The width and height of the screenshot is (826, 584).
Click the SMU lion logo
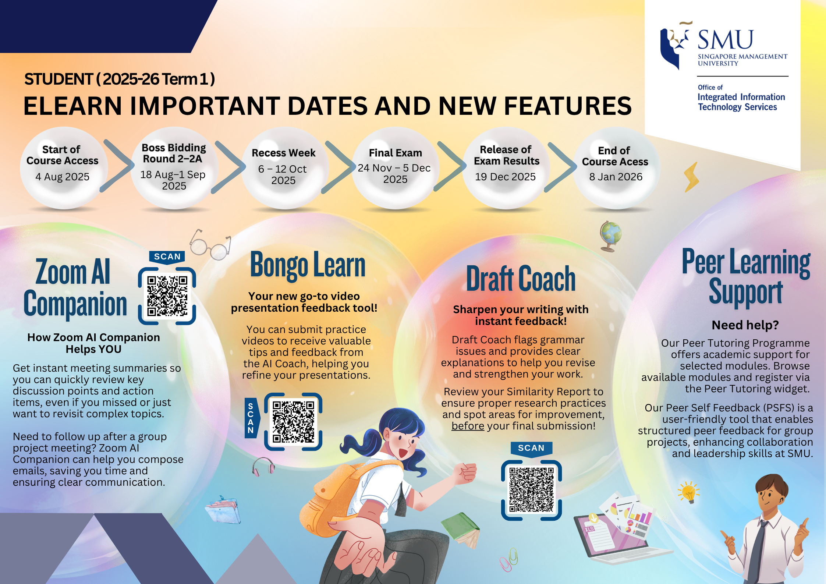point(675,45)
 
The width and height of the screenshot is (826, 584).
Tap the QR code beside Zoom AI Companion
point(167,296)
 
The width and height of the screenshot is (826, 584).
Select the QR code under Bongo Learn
point(293,422)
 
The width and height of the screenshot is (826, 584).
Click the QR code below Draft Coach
point(531,490)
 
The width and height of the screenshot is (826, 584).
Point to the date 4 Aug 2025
point(63,177)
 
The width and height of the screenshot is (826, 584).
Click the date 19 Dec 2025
point(505,177)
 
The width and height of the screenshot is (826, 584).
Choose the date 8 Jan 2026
point(616,177)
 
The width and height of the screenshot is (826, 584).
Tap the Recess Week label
point(284,153)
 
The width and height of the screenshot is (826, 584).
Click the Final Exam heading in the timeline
point(396,153)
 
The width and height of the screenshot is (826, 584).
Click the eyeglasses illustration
point(210,245)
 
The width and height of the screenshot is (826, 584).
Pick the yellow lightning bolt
point(691,177)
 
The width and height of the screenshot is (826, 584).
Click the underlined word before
point(468,426)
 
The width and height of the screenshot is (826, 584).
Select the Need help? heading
point(745,325)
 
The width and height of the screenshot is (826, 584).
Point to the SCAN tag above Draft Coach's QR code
point(531,449)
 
